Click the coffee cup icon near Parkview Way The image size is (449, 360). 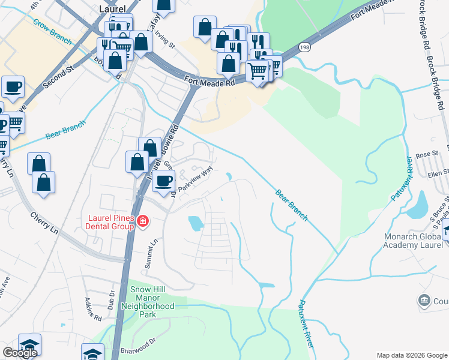tap(163, 181)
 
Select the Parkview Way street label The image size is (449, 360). tap(195, 179)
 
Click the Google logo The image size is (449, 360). tap(20, 353)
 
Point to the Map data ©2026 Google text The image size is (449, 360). tap(412, 355)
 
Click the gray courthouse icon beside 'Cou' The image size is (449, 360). tap(424, 299)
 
